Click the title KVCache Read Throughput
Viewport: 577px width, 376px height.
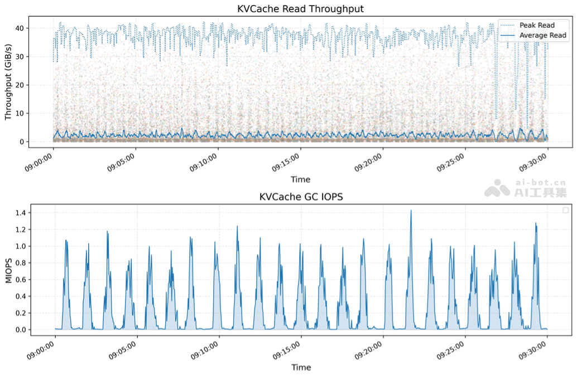pos(300,8)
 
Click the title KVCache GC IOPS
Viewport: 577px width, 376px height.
pos(301,197)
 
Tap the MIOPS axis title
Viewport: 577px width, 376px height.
pos(8,270)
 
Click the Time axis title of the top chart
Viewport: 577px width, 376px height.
pos(300,179)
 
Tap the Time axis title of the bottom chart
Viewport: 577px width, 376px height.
pos(301,367)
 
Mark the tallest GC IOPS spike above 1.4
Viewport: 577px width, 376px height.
pos(411,211)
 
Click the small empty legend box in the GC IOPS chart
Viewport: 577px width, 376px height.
pos(565,211)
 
